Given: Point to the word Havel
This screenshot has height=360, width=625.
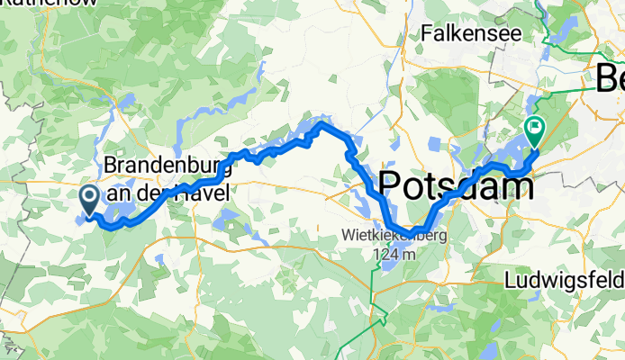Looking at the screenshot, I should tap(201, 191).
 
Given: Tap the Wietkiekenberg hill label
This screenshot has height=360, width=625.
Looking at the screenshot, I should tap(394, 236).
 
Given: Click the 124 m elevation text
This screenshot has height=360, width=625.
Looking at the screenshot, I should tap(394, 254).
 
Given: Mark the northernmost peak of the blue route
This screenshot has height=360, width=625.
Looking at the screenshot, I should tap(322, 121).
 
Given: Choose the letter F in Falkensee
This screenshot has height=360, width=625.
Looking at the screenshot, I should tap(428, 33).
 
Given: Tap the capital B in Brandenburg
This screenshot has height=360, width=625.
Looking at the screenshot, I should tap(112, 166).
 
